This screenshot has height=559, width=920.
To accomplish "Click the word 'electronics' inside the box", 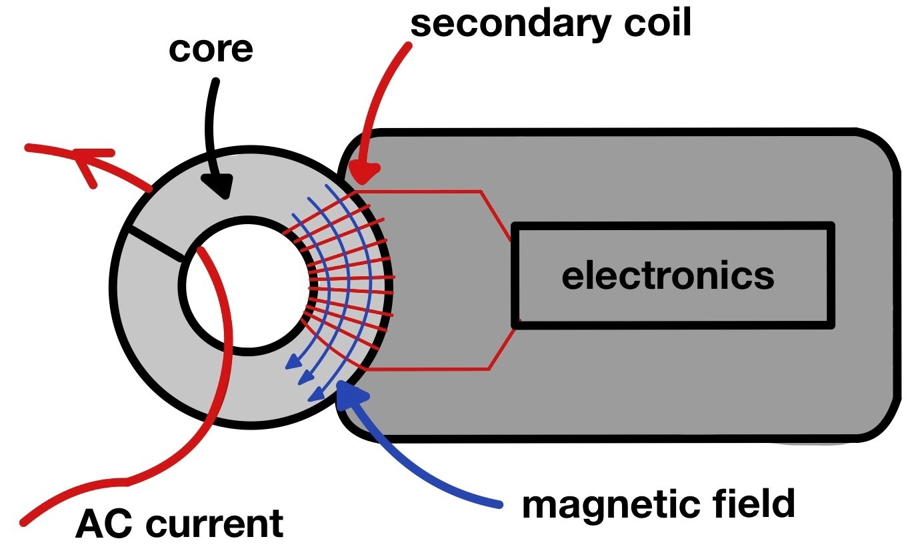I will [x=668, y=276].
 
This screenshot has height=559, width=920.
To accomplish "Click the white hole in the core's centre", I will [x=247, y=287].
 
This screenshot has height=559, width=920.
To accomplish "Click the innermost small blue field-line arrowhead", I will [x=291, y=363].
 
